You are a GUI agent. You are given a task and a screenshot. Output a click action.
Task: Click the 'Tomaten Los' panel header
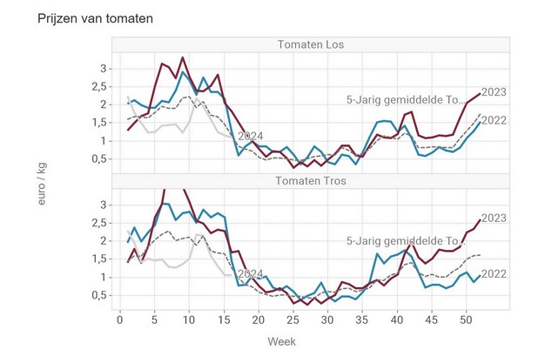click(311, 45)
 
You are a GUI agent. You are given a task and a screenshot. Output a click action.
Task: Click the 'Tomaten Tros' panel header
click(311, 181)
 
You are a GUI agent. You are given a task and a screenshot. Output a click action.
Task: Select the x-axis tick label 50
click(465, 320)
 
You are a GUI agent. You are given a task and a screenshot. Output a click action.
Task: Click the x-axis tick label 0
click(120, 320)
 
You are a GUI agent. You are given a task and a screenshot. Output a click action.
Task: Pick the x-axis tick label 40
click(395, 320)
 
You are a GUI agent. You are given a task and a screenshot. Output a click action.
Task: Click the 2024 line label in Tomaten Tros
click(250, 273)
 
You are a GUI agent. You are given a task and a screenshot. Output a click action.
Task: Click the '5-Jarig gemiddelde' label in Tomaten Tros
click(401, 241)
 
